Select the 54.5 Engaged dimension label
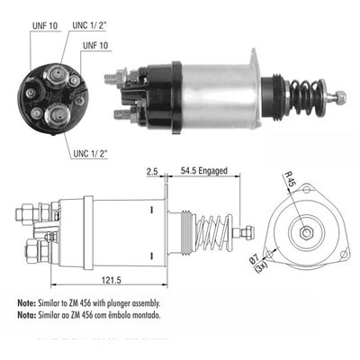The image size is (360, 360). [204, 168]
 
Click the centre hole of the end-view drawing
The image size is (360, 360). [307, 233]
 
